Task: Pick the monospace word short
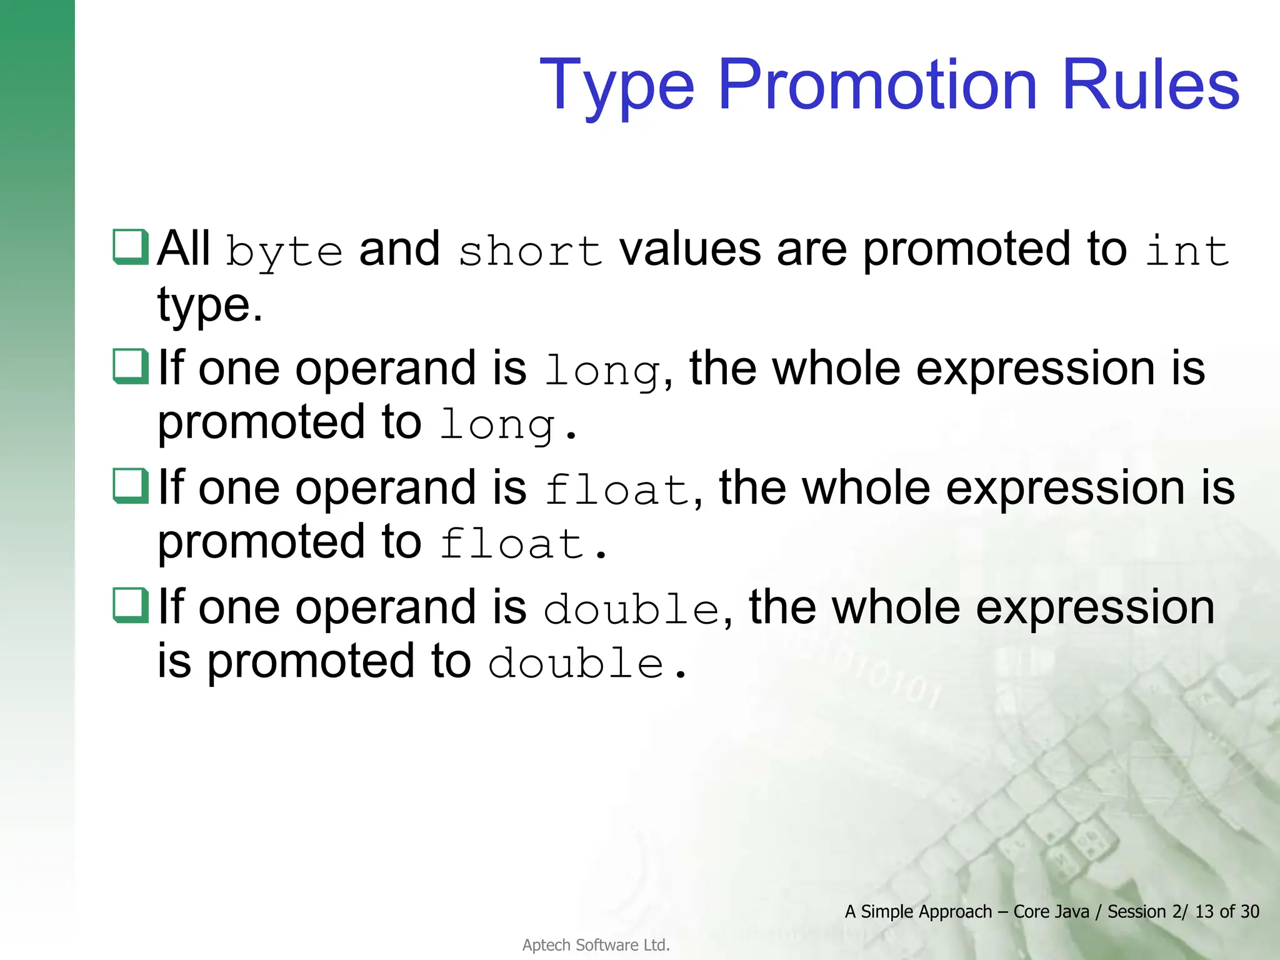530,251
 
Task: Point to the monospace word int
1187,251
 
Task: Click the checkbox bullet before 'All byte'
131,247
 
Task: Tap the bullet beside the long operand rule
131,366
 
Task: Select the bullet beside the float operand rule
131,486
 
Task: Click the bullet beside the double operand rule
131,605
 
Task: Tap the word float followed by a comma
616,489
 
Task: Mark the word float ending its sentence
511,543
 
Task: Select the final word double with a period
576,662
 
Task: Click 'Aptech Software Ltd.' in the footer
596,945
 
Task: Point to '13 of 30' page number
1227,911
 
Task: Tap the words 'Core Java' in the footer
1051,911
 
